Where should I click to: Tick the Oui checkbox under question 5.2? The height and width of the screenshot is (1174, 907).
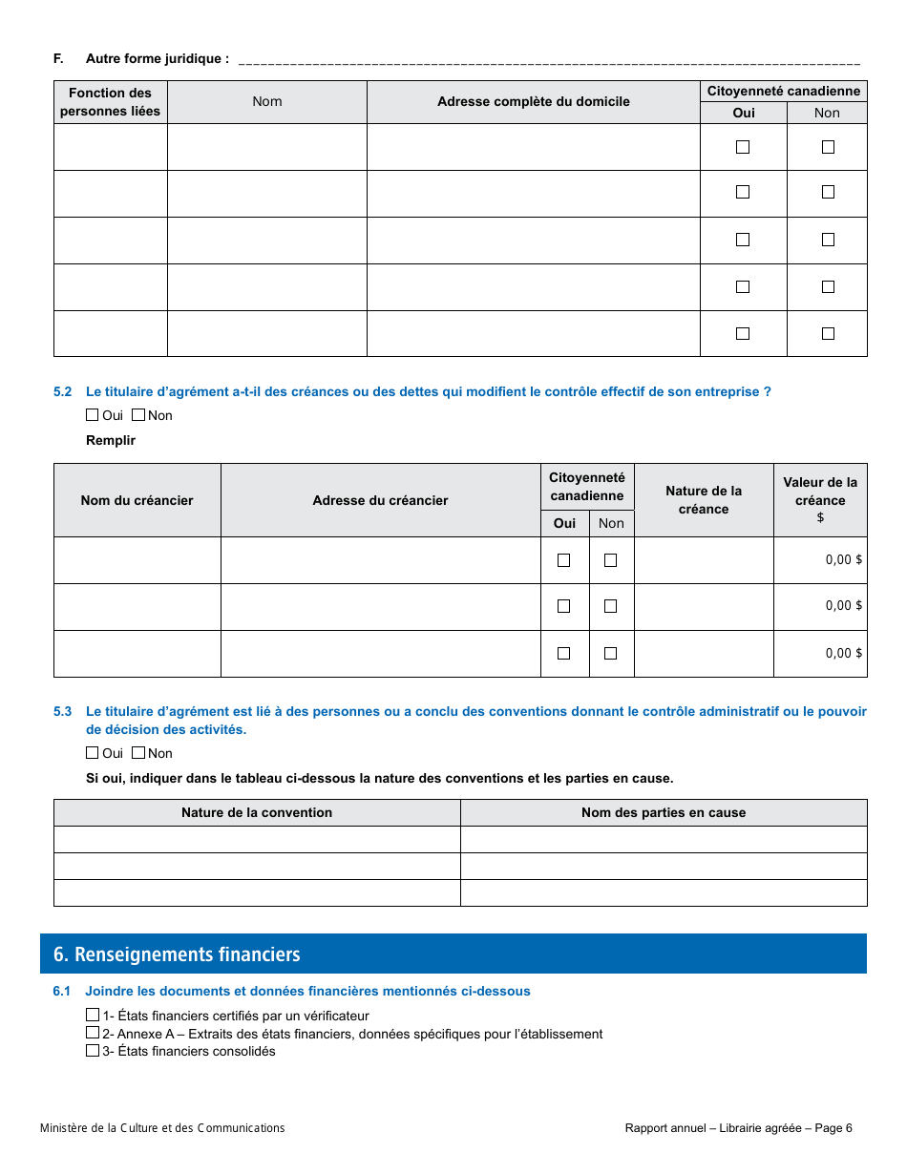[x=93, y=415]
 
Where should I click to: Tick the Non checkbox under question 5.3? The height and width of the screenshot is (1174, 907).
[x=138, y=753]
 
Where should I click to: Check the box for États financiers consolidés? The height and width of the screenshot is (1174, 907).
[x=93, y=1051]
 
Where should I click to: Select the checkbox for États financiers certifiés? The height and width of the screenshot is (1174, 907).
[x=93, y=1016]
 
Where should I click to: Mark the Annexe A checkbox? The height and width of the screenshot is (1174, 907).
[x=93, y=1033]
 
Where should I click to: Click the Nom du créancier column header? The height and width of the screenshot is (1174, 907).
[x=137, y=500]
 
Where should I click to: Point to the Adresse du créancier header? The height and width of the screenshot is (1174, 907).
[x=380, y=500]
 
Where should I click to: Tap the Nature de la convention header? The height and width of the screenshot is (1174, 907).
[x=257, y=812]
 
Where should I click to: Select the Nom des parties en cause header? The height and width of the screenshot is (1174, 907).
[x=664, y=812]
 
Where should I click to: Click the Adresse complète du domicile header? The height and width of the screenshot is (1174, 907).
[x=533, y=101]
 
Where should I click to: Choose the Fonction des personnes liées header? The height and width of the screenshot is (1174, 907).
[x=110, y=102]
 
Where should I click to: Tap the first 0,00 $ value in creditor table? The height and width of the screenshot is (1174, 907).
[x=843, y=560]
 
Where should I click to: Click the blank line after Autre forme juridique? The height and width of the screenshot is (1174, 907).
[x=549, y=59]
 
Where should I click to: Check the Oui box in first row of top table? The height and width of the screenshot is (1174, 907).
[x=743, y=147]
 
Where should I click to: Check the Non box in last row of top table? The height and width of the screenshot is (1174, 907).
[x=828, y=334]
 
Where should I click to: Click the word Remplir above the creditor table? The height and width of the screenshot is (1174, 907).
[x=111, y=440]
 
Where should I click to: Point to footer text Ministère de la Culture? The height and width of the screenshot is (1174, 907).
[x=162, y=1128]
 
